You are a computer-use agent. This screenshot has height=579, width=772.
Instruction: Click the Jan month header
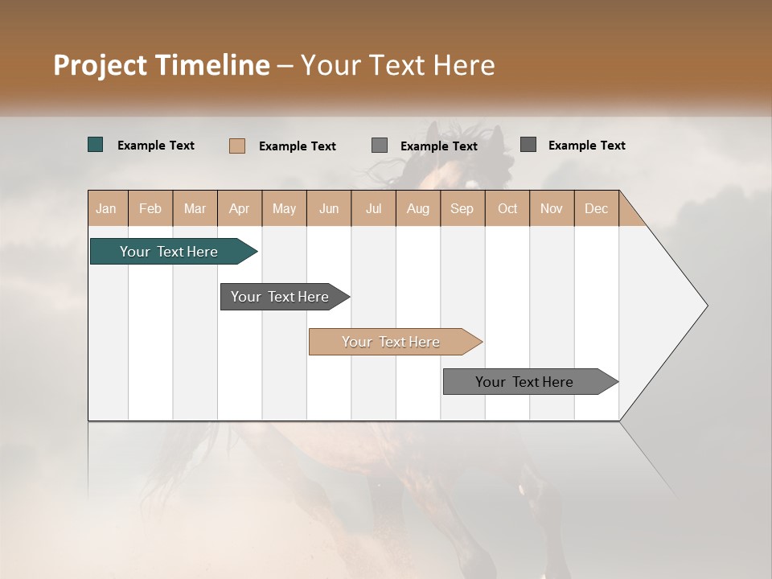coord(106,208)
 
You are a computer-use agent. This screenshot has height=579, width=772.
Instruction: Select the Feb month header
coord(150,208)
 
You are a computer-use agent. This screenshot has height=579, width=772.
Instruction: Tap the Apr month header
coord(239,208)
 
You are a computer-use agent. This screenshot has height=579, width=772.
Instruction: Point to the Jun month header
coord(329,208)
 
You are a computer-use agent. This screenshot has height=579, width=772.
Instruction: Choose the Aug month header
coord(417,208)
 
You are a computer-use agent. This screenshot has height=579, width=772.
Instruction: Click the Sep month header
coord(462,208)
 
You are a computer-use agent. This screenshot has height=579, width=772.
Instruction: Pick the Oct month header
coord(507,208)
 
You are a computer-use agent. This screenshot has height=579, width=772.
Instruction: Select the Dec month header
coord(596,208)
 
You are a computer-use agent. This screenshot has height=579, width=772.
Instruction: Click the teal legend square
coord(96,145)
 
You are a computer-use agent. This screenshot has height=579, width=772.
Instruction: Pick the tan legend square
coord(237,146)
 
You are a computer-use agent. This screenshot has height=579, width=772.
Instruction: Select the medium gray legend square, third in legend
coord(380,146)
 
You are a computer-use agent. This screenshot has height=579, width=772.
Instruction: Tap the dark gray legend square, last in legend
coord(528,145)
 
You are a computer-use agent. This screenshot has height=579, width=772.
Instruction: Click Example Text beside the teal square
coord(156,146)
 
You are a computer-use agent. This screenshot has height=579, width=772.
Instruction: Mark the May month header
coord(284,208)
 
